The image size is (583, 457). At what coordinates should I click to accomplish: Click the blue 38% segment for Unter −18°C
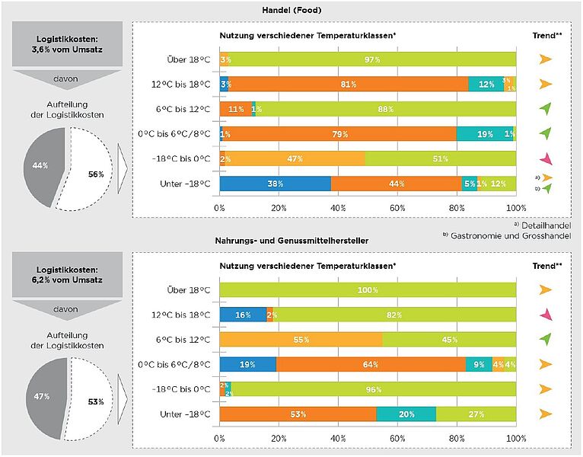point(276,184)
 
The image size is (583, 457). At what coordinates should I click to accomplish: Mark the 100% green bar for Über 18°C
point(368,290)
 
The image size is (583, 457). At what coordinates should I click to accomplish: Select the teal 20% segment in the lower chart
point(406,414)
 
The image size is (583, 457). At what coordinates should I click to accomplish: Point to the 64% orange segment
point(371,365)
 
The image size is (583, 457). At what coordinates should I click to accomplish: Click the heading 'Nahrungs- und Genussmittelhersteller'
point(291,241)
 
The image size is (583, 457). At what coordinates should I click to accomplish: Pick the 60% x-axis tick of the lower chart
point(398,439)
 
